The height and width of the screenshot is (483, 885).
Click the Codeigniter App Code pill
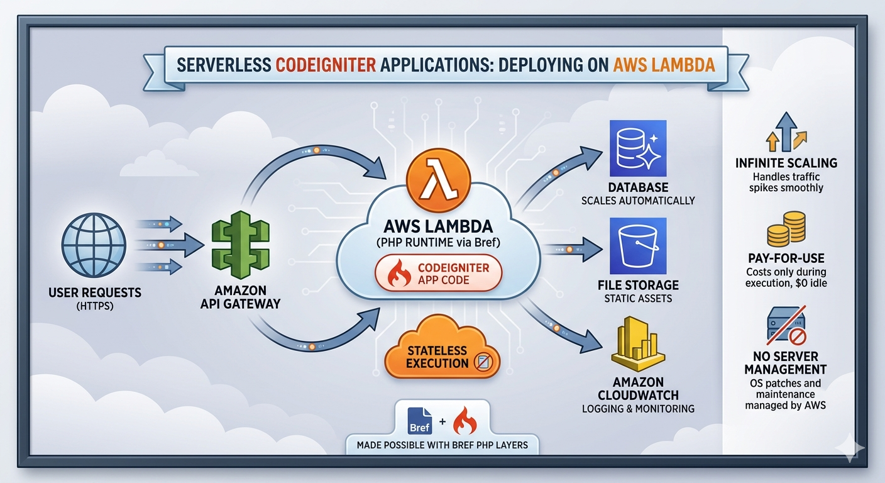(439, 274)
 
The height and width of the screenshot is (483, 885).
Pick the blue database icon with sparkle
(637, 148)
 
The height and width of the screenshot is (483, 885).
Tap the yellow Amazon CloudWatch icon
(637, 345)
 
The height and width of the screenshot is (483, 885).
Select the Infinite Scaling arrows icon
(786, 133)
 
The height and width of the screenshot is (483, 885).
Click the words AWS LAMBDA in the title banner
(664, 65)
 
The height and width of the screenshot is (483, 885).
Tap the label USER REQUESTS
(94, 292)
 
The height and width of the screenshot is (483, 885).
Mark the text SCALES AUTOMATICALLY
(638, 201)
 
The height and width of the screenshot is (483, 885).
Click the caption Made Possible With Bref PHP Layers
(442, 445)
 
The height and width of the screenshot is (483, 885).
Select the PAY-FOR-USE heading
(786, 258)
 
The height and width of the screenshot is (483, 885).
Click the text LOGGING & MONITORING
(638, 408)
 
